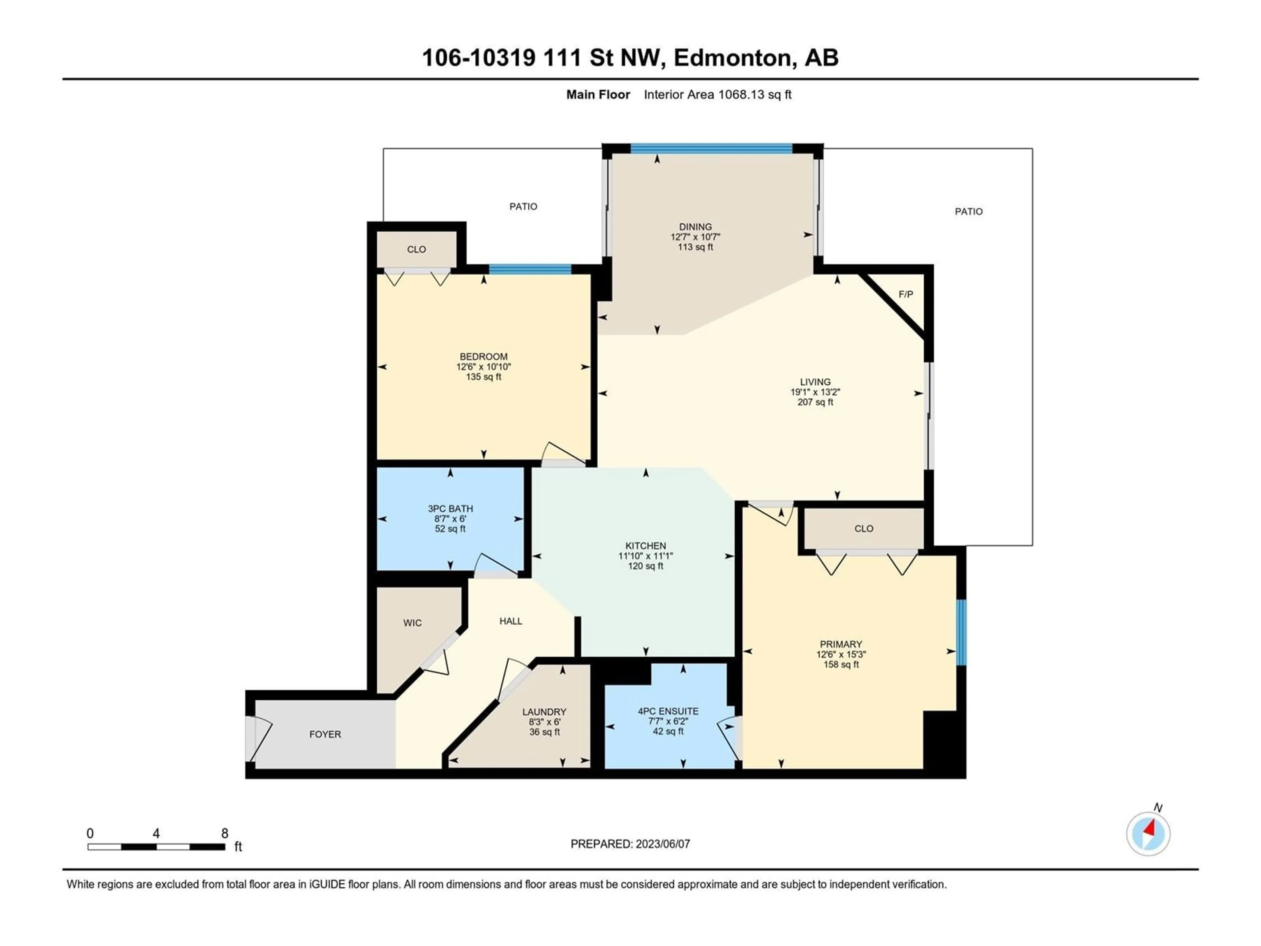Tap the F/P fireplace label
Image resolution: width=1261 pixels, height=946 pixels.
point(906,294)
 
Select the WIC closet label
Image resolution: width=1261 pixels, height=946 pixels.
point(412,623)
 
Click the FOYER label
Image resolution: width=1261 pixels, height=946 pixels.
point(325,734)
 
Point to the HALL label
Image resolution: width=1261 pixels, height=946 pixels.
point(511,621)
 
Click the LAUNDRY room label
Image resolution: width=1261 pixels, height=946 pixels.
point(544,712)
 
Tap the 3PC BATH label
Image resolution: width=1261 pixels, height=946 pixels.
point(450,508)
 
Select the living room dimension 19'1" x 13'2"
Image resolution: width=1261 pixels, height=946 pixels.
point(815,392)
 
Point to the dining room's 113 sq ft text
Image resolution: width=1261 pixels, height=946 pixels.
point(696,247)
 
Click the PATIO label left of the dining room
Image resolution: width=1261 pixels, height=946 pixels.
point(523,206)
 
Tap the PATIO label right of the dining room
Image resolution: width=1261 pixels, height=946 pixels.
point(969,212)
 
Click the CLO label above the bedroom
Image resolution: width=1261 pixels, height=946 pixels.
point(417,249)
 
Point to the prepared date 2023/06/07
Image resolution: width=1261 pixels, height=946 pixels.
point(663,844)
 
